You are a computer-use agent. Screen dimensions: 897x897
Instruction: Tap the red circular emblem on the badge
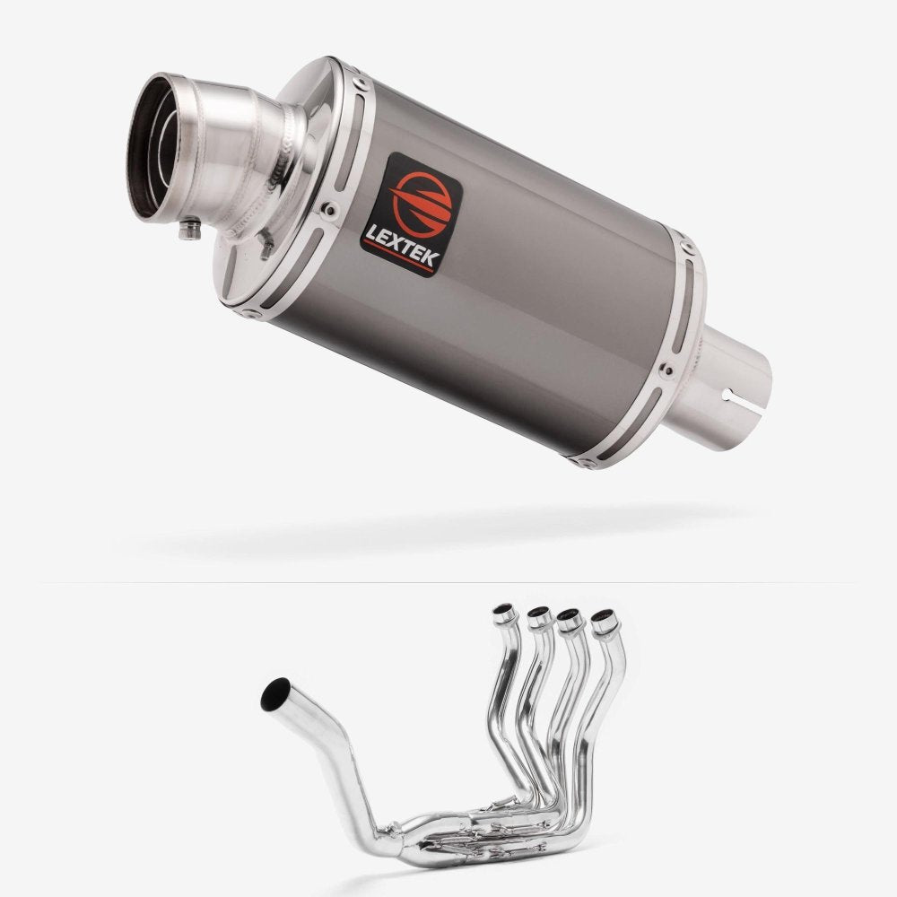pos(421,203)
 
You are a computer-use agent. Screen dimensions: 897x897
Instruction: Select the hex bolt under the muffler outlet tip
pos(190,229)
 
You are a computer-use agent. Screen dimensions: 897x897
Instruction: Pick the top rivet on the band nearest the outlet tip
pos(361,84)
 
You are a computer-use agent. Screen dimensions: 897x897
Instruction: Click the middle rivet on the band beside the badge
pos(329,210)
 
